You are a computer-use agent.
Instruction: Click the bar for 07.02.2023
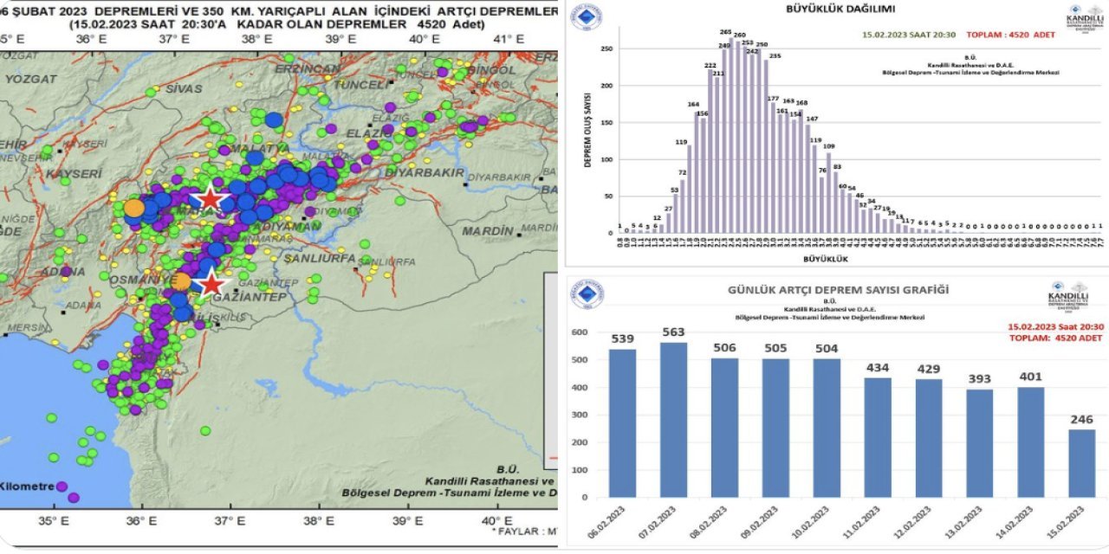[x=673, y=420]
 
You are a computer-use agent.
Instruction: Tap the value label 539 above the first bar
[x=622, y=338]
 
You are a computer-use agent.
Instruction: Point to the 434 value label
[x=877, y=368]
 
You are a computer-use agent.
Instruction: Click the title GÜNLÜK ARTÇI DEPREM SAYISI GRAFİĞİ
[x=837, y=290]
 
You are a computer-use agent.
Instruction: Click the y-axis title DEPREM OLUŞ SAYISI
[x=587, y=130]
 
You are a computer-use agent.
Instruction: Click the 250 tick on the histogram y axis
[x=607, y=49]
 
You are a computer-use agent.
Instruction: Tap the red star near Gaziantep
[x=211, y=284]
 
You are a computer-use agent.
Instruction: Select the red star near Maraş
[x=211, y=199]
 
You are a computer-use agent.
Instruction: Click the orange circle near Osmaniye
[x=181, y=281]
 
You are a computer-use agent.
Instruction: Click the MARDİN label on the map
[x=487, y=231]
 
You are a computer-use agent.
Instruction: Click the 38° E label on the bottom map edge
[x=319, y=521]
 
